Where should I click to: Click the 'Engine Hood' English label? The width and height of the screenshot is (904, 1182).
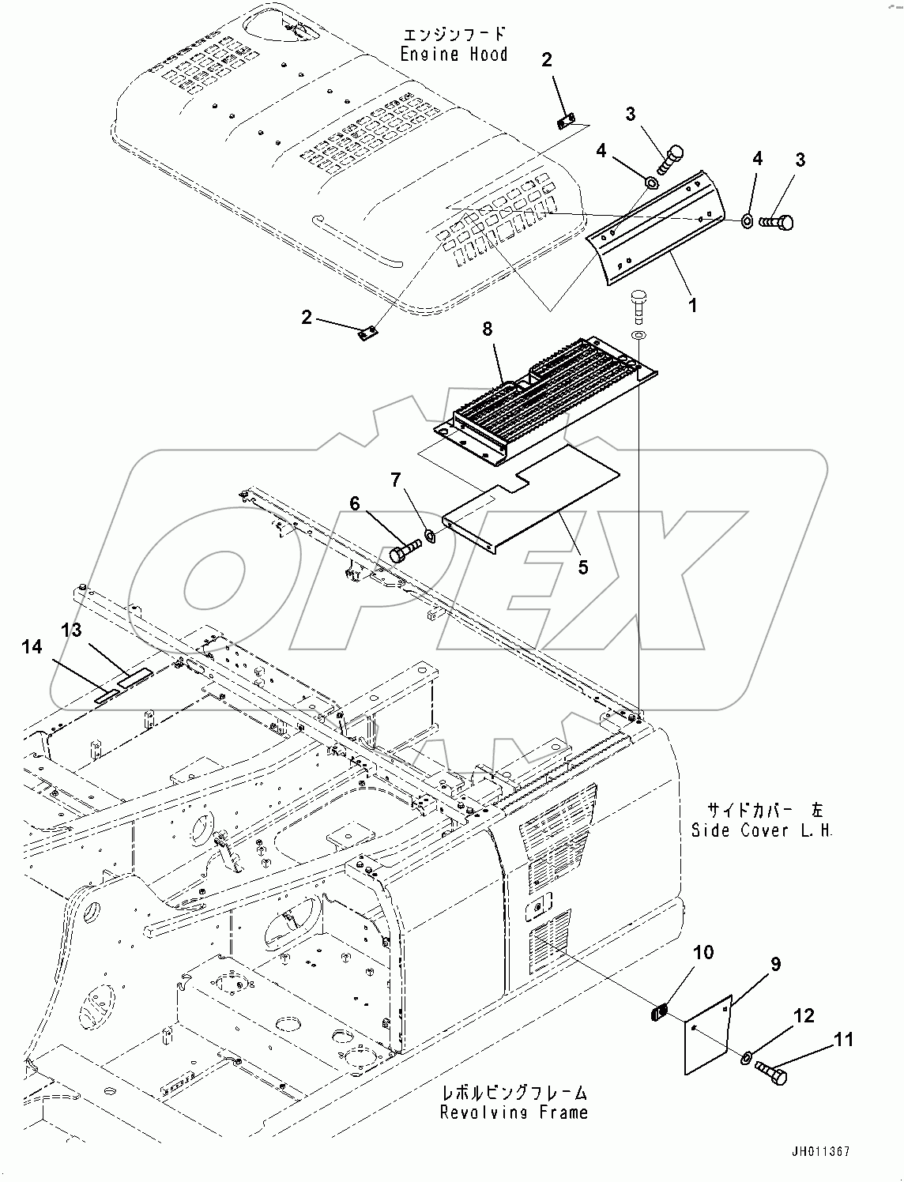[453, 55]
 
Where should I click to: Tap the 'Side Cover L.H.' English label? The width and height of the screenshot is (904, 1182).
[762, 830]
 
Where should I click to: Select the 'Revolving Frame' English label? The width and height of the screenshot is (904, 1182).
[514, 1112]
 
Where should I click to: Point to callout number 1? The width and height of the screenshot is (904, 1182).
[693, 305]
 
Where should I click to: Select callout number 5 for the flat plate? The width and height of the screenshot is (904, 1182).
[582, 567]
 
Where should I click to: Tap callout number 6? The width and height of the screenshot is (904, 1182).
[355, 503]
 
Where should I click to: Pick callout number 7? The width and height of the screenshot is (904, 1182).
[395, 480]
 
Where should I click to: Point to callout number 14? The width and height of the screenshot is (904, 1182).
[32, 647]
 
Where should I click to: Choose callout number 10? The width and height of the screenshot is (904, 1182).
[702, 952]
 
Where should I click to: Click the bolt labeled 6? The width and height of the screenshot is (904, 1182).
[404, 551]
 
